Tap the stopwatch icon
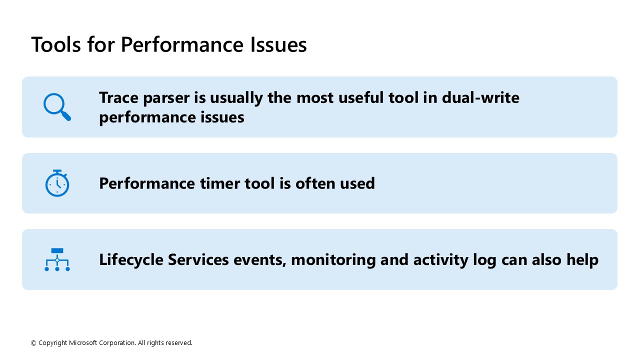click(x=57, y=183)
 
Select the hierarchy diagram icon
click(x=57, y=259)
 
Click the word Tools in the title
click(x=56, y=44)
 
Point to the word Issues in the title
click(x=278, y=44)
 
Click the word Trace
click(x=119, y=97)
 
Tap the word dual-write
click(x=480, y=97)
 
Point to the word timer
click(x=220, y=183)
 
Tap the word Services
click(x=198, y=259)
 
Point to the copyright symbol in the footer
click(x=33, y=343)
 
